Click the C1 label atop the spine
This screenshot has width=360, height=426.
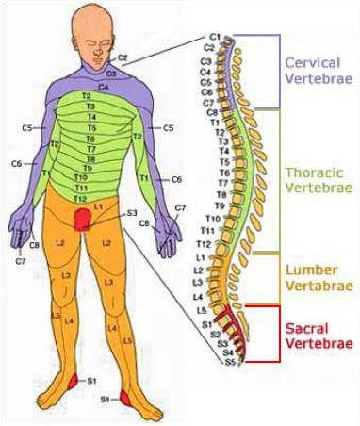point(215,36)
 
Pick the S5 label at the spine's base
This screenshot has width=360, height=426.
point(229,361)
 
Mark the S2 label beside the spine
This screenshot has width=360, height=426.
point(215,333)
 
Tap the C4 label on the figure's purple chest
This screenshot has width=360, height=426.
point(104,86)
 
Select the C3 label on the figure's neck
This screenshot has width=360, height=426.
point(110,72)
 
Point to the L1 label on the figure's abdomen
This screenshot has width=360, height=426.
point(98,204)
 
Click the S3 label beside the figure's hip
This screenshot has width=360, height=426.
point(131,213)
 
